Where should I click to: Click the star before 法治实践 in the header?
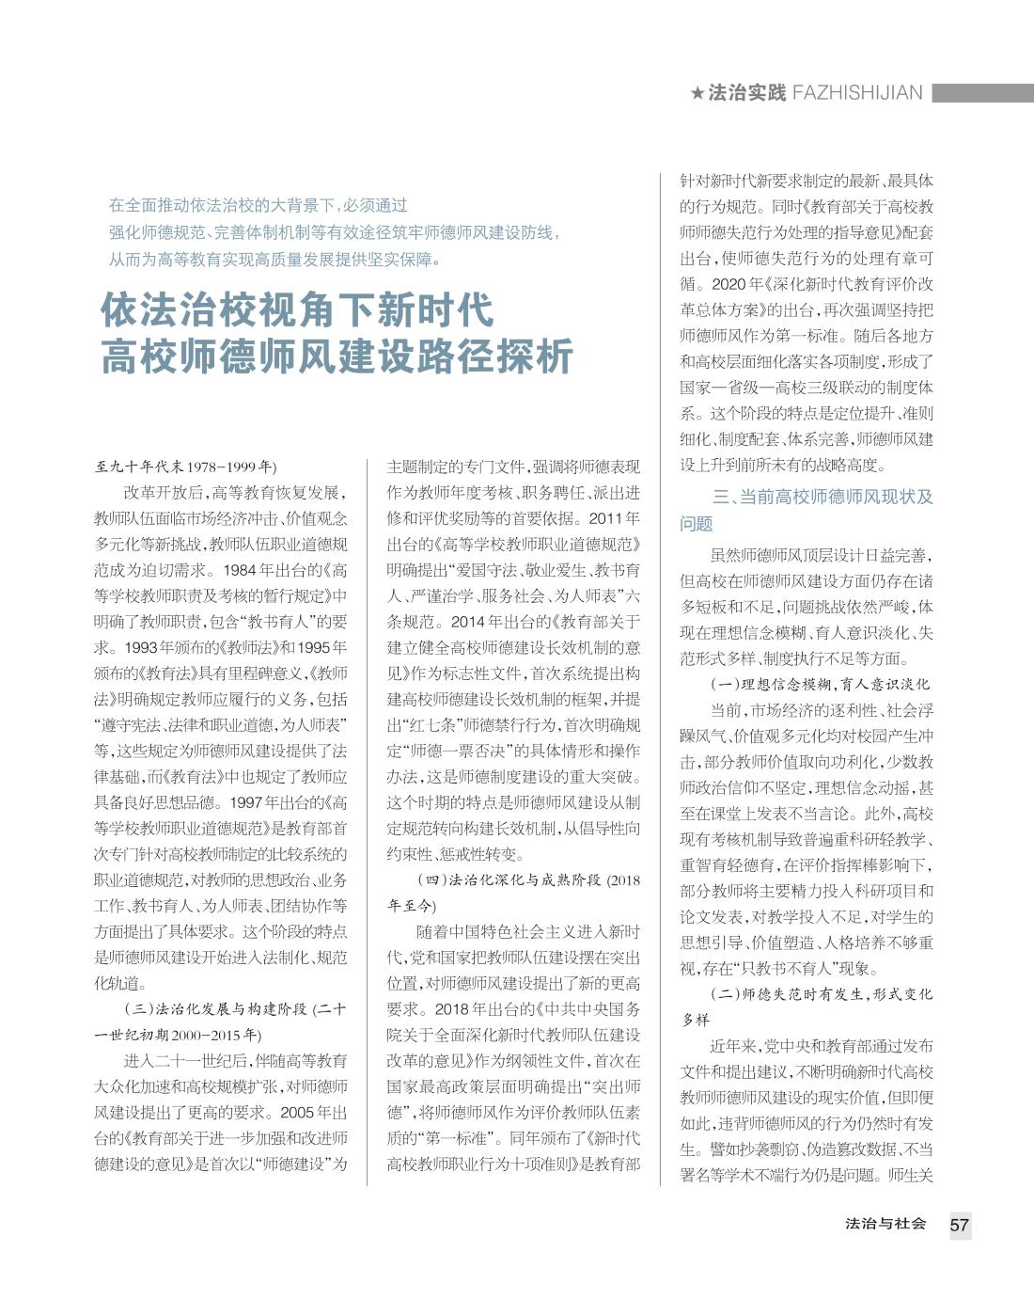coord(697,93)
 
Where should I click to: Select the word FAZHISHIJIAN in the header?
coord(857,93)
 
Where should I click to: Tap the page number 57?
coord(959,1225)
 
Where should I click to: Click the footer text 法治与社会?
coord(885,1224)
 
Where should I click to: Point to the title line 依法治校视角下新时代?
coord(297,309)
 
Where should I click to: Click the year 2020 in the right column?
coord(731,283)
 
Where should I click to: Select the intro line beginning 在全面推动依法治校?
coord(258,205)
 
